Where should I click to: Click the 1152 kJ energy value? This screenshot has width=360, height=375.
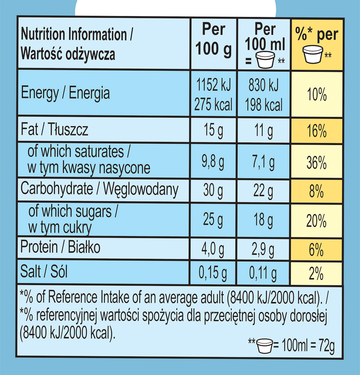[213, 85]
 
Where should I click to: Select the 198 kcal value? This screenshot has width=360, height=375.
[264, 105]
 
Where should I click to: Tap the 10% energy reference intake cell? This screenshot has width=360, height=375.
[316, 94]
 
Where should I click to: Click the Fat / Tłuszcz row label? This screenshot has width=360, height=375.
[54, 130]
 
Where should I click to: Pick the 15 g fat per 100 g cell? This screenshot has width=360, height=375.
[213, 130]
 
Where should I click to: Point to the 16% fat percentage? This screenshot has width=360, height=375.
[316, 131]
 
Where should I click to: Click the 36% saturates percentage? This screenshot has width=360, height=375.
[316, 163]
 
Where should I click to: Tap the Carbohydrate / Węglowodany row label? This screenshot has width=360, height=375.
[99, 189]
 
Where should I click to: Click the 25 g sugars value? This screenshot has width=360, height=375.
[213, 219]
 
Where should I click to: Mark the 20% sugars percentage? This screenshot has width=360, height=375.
[316, 221]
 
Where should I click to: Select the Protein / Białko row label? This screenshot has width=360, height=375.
[60, 247]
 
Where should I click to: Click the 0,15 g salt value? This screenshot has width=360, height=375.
[213, 273]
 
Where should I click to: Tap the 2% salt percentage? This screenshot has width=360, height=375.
[316, 274]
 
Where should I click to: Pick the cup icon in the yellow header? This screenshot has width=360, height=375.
[313, 54]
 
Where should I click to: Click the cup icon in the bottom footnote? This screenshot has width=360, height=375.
[265, 346]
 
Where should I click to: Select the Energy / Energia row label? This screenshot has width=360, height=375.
[65, 93]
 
